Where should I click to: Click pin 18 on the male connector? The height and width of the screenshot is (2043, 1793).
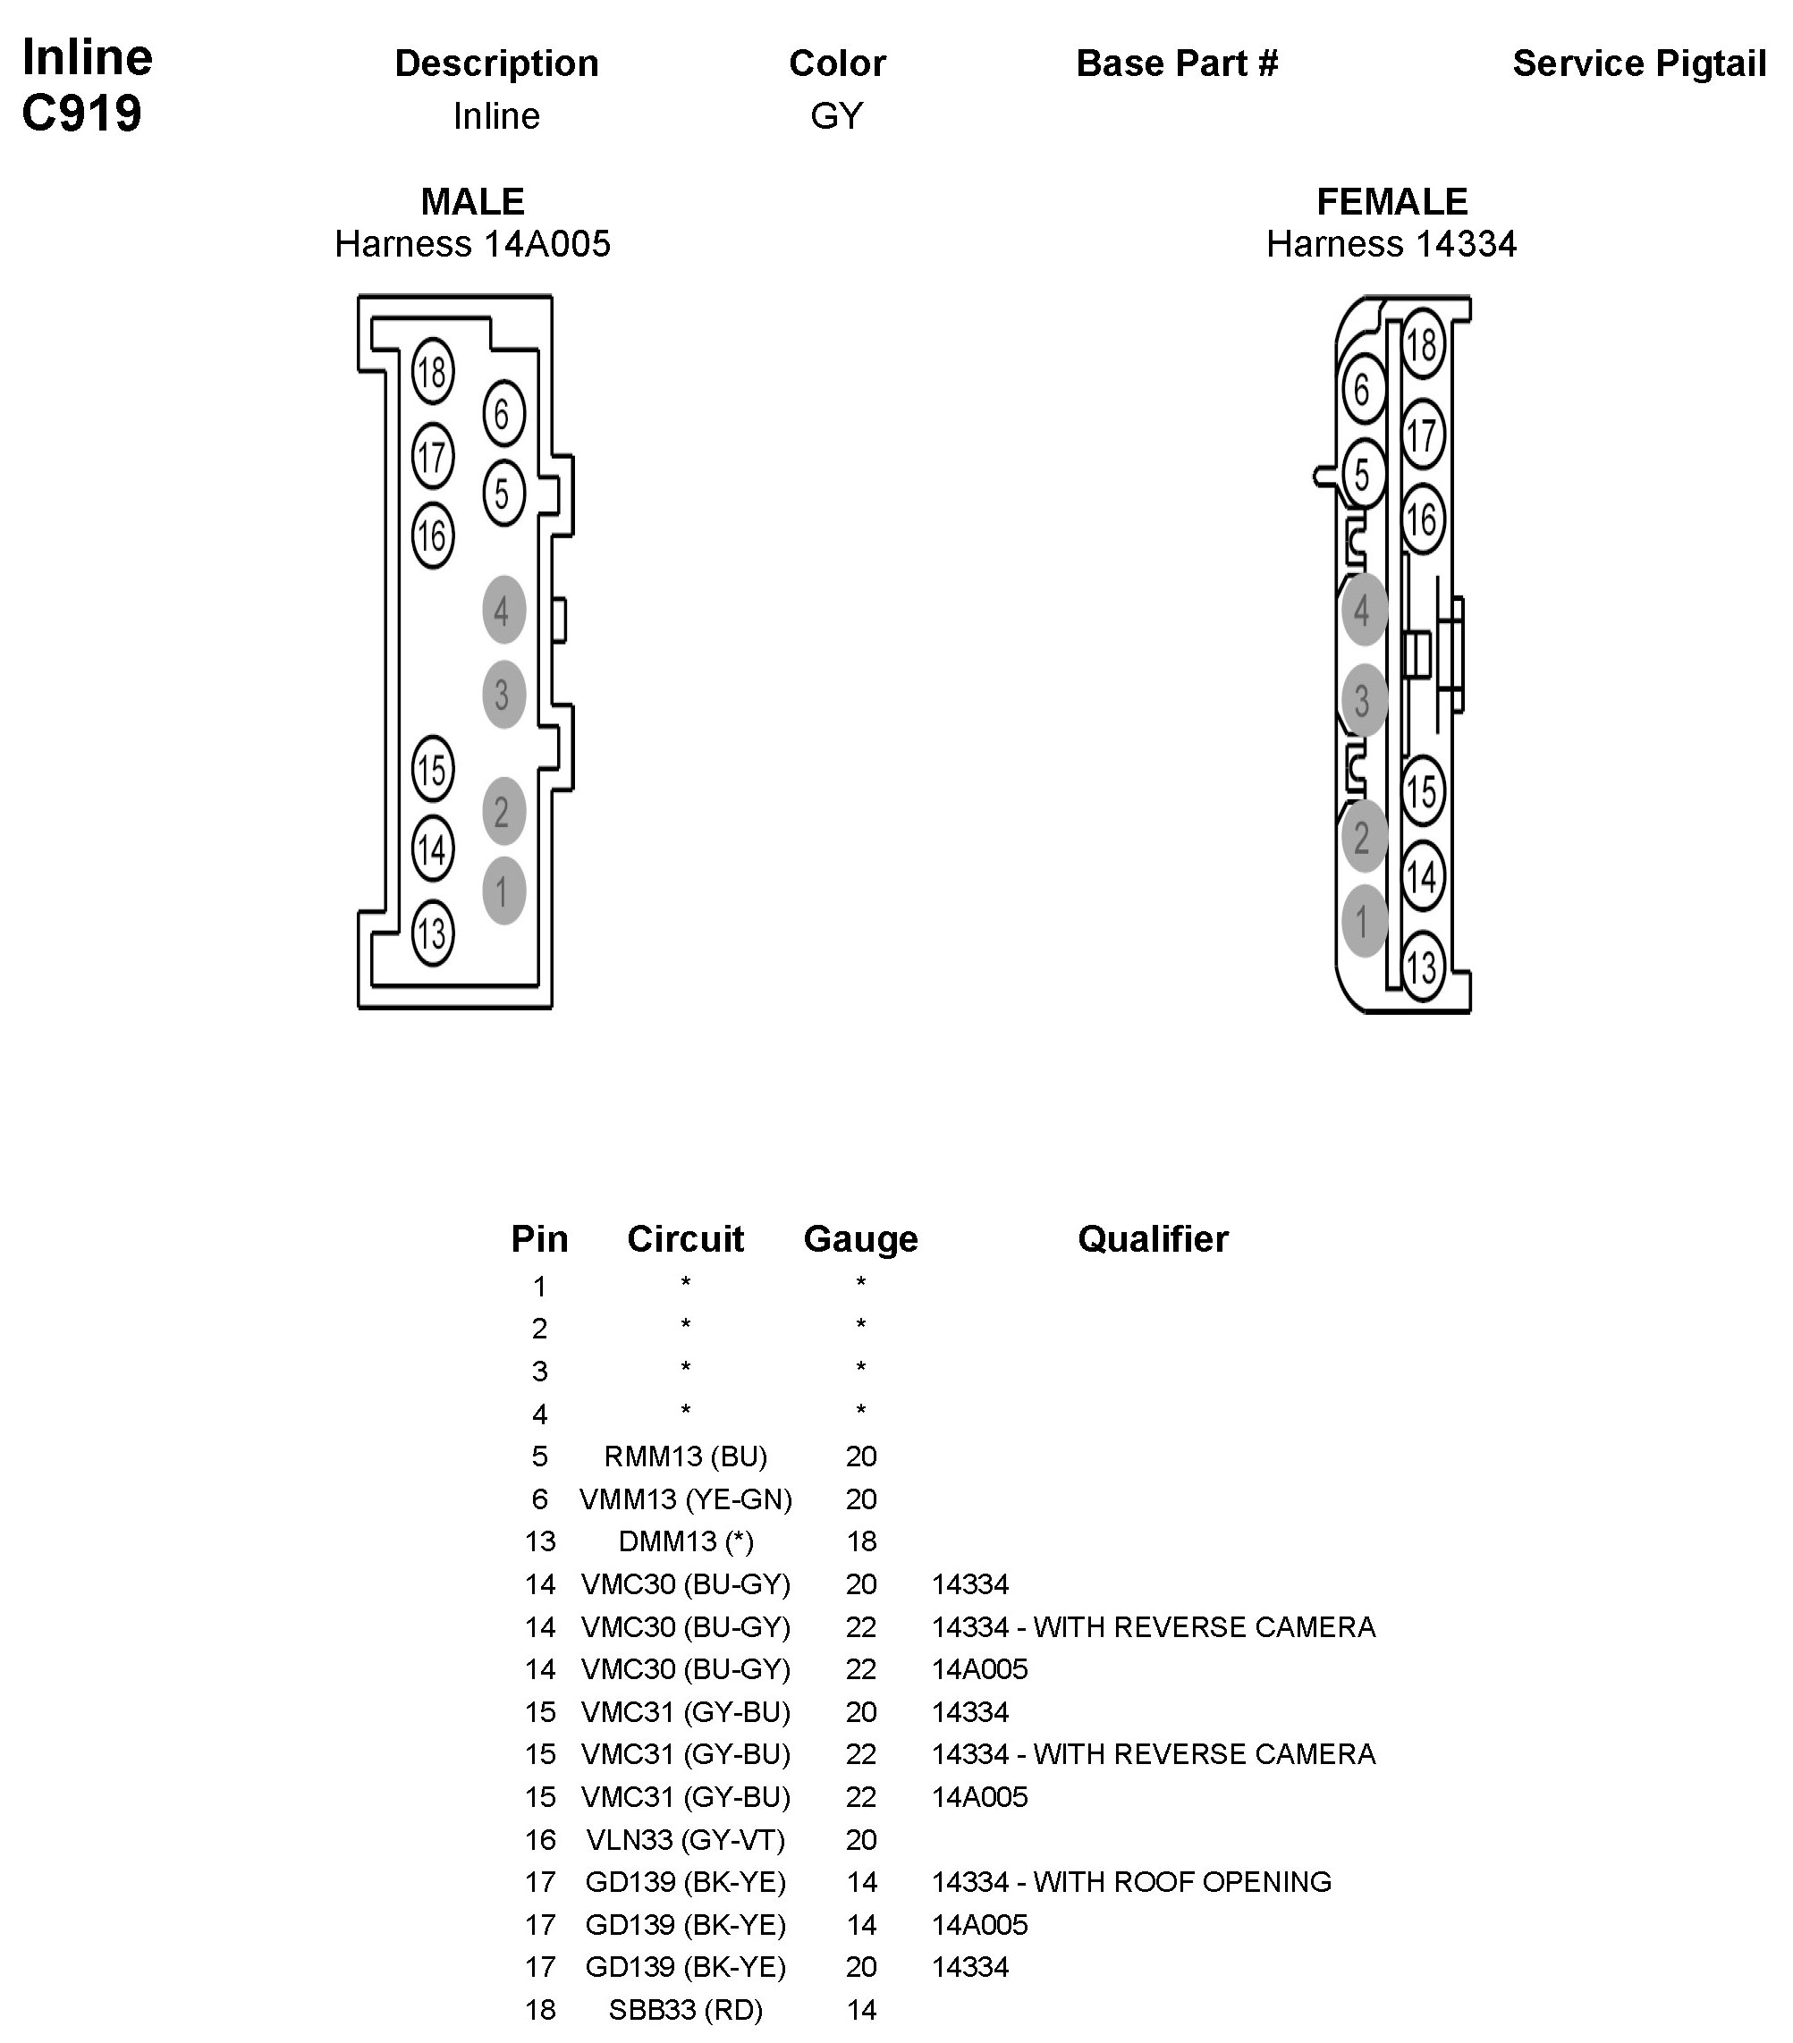[x=432, y=372]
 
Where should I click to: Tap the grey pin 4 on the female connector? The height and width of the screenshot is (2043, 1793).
[x=1362, y=610]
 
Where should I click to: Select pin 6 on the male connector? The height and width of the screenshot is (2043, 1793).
[x=503, y=413]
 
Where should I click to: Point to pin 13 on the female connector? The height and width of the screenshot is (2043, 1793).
[x=1420, y=967]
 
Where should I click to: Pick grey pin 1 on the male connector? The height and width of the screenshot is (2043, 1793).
[x=503, y=891]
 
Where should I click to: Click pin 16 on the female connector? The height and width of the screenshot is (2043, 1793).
[x=1421, y=519]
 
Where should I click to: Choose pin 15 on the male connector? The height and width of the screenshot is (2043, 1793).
[x=432, y=770]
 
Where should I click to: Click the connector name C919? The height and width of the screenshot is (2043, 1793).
[x=82, y=114]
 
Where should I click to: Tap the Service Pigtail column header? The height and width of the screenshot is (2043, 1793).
[x=1639, y=63]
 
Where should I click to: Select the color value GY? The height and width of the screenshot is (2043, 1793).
[x=836, y=116]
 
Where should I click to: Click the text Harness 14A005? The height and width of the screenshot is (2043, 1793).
[x=472, y=244]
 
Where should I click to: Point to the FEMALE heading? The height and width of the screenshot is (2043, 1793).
[x=1391, y=202]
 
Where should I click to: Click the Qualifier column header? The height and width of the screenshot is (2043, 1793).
[x=1153, y=1238]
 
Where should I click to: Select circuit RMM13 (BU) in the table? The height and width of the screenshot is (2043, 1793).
[x=686, y=1456]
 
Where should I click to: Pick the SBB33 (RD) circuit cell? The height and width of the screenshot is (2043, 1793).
[x=686, y=2009]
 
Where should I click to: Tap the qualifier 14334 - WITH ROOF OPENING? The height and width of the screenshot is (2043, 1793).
[x=1131, y=1881]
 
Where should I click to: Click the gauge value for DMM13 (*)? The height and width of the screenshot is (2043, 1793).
[x=860, y=1541]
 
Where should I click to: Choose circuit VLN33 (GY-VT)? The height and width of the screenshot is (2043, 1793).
[x=686, y=1839]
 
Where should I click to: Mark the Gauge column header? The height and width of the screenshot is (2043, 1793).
[x=860, y=1238]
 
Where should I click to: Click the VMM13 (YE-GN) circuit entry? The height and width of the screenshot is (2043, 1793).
[x=686, y=1499]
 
